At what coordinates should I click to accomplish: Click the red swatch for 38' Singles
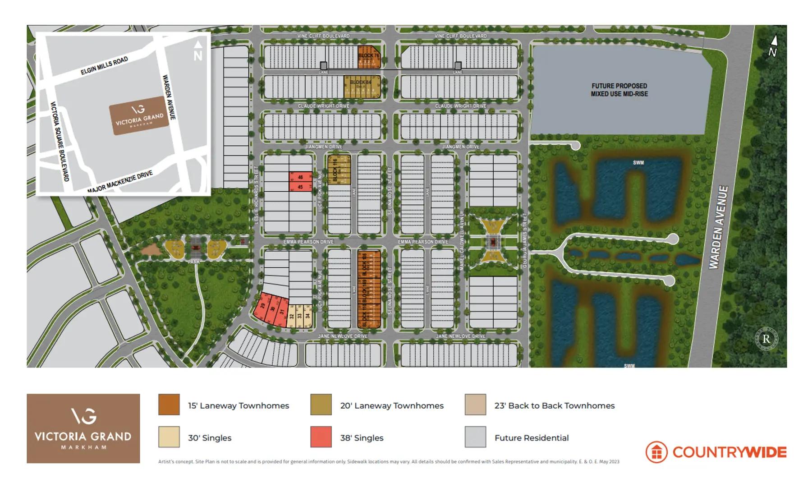tap(321, 437)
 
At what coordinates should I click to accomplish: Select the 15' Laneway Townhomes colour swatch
tap(169, 404)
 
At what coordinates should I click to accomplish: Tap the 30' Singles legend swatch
tap(169, 437)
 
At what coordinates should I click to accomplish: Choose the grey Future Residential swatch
tap(475, 437)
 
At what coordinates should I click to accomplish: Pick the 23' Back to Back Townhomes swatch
tap(475, 404)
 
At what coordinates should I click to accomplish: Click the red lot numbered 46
tap(300, 178)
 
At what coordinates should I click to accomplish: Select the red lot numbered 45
tap(300, 187)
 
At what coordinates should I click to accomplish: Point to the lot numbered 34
tap(307, 315)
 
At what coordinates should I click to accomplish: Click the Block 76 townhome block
tap(369, 57)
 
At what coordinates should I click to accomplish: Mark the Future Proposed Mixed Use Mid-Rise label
tap(619, 90)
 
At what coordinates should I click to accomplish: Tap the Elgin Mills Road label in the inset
tap(104, 66)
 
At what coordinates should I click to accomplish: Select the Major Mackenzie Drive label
tap(120, 182)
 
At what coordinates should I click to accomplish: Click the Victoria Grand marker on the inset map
tap(139, 115)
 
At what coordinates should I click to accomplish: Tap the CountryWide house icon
tap(656, 452)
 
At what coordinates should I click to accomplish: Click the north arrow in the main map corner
tap(773, 46)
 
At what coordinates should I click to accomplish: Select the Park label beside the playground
tap(194, 262)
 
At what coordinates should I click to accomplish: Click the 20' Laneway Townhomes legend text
tap(392, 405)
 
